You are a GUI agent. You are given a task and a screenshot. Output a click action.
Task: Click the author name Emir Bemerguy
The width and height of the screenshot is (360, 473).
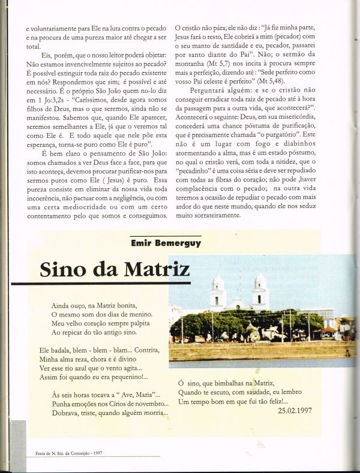(x=164, y=243)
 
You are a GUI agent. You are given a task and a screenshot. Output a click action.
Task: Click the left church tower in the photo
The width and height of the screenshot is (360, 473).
(x=218, y=291)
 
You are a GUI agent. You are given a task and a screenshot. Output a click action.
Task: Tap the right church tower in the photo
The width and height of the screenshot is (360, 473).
(x=260, y=290)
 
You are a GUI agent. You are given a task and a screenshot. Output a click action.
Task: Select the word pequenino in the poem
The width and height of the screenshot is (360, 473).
(x=127, y=377)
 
